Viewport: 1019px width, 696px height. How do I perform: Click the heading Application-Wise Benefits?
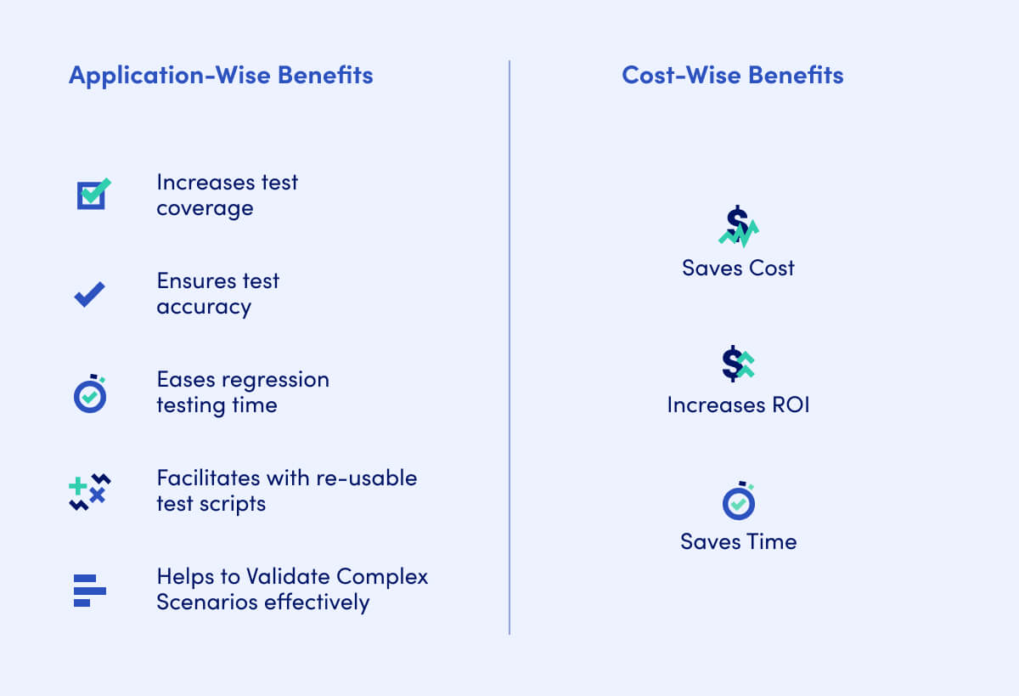pyautogui.click(x=221, y=75)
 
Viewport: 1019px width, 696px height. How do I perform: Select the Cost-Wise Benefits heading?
pyautogui.click(x=733, y=75)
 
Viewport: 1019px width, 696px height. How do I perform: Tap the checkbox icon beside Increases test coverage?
pyautogui.click(x=92, y=195)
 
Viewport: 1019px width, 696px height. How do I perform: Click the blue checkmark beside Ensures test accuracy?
pyautogui.click(x=89, y=294)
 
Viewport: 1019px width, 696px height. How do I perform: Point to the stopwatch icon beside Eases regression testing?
pyautogui.click(x=90, y=394)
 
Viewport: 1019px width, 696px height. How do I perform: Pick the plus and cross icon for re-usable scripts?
pyautogui.click(x=89, y=491)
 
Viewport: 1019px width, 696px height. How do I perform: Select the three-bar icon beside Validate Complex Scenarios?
pyautogui.click(x=89, y=590)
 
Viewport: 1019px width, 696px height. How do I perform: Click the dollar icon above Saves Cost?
pyautogui.click(x=738, y=227)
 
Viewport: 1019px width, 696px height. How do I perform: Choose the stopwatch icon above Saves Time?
pyautogui.click(x=739, y=501)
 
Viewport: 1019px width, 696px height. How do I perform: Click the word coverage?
pyautogui.click(x=205, y=208)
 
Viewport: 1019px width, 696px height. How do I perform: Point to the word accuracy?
pyautogui.click(x=204, y=307)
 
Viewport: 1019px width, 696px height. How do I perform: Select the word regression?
pyautogui.click(x=276, y=379)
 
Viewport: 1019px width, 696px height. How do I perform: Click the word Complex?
pyautogui.click(x=382, y=576)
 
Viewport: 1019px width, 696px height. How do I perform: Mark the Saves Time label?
pyautogui.click(x=738, y=541)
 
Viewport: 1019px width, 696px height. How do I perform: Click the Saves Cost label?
pyautogui.click(x=738, y=268)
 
